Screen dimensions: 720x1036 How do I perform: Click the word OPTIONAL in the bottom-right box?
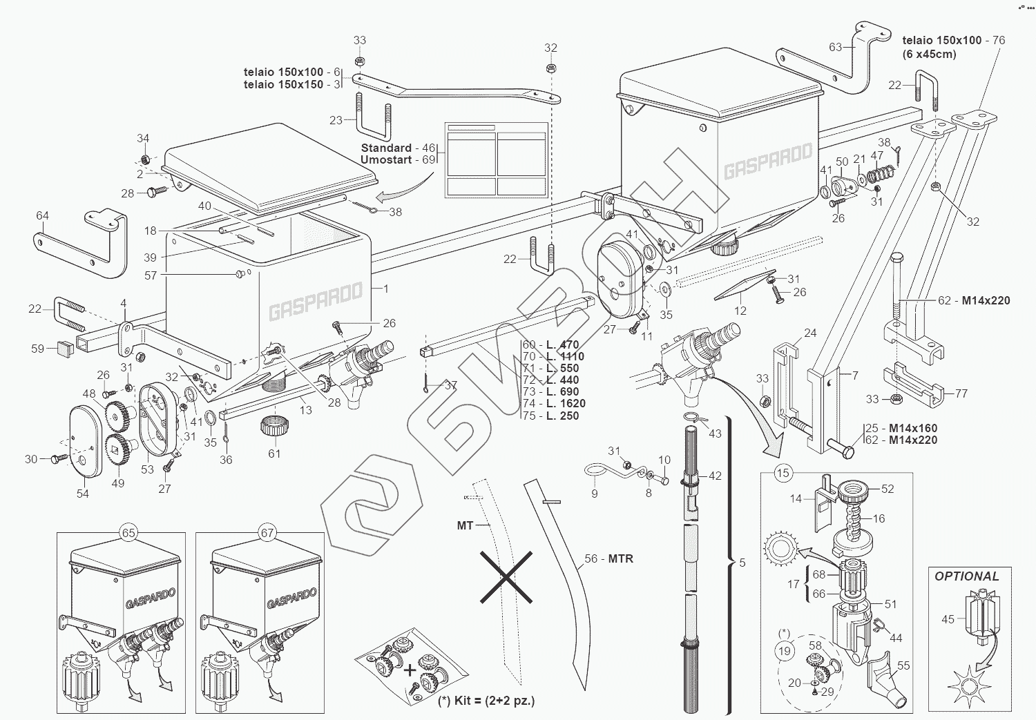click(x=966, y=576)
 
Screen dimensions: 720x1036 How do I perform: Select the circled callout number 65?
click(x=128, y=533)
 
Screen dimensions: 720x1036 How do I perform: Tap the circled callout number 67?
click(x=267, y=533)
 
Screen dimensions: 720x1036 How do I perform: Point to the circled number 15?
click(x=783, y=474)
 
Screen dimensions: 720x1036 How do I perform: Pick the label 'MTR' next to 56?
click(x=620, y=558)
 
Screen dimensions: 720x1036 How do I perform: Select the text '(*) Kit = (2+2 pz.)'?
click(x=486, y=701)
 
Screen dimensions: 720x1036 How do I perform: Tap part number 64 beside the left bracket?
click(x=42, y=215)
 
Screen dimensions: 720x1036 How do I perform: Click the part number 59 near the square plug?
click(x=38, y=349)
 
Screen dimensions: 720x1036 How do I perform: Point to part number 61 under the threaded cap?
click(x=274, y=454)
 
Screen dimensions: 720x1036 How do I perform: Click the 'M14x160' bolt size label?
click(x=913, y=428)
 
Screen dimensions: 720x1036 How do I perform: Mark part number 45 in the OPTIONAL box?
click(x=948, y=619)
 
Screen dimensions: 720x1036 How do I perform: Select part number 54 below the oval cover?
click(x=83, y=494)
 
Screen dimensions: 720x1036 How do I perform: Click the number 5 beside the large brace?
click(x=742, y=563)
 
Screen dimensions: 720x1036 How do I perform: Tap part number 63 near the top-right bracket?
click(x=836, y=47)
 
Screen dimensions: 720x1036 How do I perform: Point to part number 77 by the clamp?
click(x=961, y=393)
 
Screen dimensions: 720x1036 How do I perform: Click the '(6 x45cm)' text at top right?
click(x=930, y=54)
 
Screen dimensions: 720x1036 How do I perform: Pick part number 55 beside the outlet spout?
click(x=903, y=665)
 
